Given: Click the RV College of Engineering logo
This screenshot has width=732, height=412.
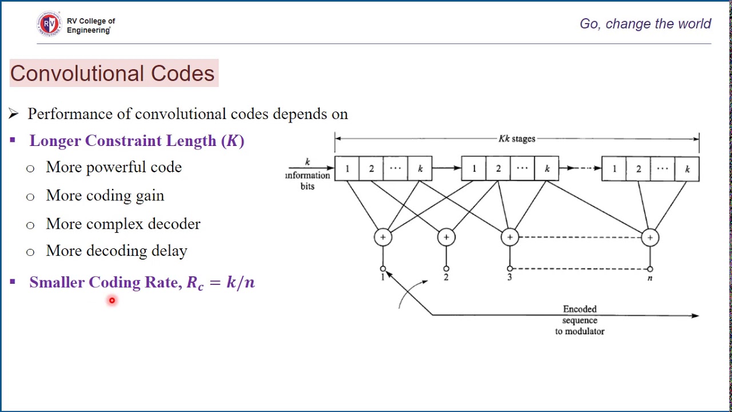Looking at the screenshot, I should tap(49, 24).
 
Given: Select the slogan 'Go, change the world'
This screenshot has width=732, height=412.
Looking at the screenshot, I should tap(645, 24).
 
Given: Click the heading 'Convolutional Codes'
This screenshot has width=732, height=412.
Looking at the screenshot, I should tap(113, 73).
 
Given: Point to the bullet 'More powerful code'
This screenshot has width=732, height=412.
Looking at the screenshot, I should tap(113, 167).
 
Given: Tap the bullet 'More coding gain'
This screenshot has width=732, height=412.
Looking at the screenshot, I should tap(105, 196).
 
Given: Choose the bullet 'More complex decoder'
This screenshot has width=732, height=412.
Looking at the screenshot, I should tap(123, 224).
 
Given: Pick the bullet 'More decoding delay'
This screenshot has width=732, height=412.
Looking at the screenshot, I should tap(116, 251).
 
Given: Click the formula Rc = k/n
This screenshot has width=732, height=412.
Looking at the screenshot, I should tap(221, 283).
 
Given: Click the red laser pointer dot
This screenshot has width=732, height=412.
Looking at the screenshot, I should tap(112, 300).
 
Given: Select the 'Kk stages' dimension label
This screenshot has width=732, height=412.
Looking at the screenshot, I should tap(516, 138).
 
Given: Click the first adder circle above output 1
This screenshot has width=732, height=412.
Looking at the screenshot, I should tap(383, 237).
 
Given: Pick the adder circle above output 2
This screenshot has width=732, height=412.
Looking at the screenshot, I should tap(446, 237).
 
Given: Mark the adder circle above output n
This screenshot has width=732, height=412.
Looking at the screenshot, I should tap(650, 237).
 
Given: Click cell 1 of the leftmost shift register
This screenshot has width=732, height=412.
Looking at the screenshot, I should tap(347, 169).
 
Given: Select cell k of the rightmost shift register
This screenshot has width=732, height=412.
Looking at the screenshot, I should tap(687, 169).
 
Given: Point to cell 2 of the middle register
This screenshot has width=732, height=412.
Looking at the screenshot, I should tap(498, 169).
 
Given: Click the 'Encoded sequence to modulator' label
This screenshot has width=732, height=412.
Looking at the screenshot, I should tap(579, 320).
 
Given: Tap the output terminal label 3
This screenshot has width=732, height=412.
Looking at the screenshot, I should tap(509, 278).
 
